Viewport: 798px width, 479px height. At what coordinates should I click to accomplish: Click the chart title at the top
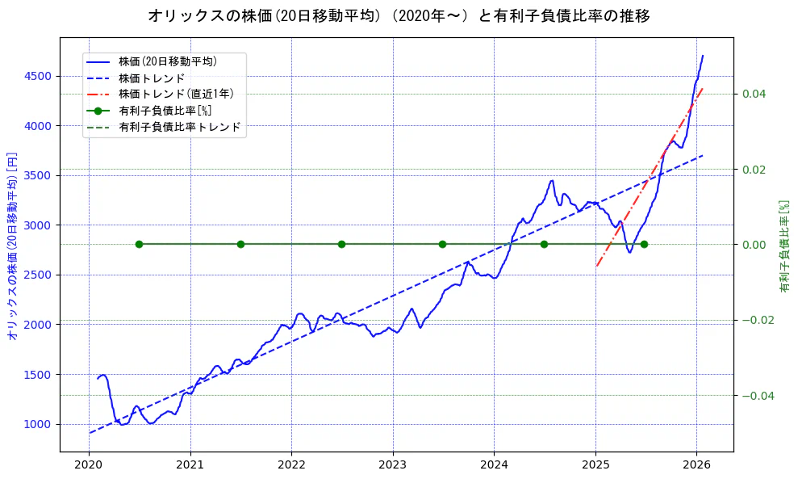tap(399, 15)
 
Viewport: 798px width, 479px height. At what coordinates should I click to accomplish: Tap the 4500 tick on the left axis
tap(37, 76)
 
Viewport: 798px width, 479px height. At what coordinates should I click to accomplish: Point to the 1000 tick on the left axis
tap(37, 424)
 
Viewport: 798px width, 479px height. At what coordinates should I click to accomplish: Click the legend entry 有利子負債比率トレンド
tap(179, 127)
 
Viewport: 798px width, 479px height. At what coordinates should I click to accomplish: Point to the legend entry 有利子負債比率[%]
tap(165, 111)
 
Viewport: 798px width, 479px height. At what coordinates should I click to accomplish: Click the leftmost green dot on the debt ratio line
tap(139, 244)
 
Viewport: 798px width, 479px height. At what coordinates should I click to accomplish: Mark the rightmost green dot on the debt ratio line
tap(644, 244)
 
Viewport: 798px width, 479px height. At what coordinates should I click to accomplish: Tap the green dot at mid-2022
tap(341, 244)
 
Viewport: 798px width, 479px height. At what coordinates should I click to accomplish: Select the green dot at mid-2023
tap(442, 244)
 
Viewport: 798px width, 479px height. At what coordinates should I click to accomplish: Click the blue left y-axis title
tap(12, 246)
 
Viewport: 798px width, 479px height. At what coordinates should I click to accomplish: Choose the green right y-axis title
tap(783, 246)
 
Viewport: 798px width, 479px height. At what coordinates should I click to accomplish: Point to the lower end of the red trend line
tap(596, 266)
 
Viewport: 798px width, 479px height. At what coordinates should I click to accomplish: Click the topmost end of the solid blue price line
tap(703, 56)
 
